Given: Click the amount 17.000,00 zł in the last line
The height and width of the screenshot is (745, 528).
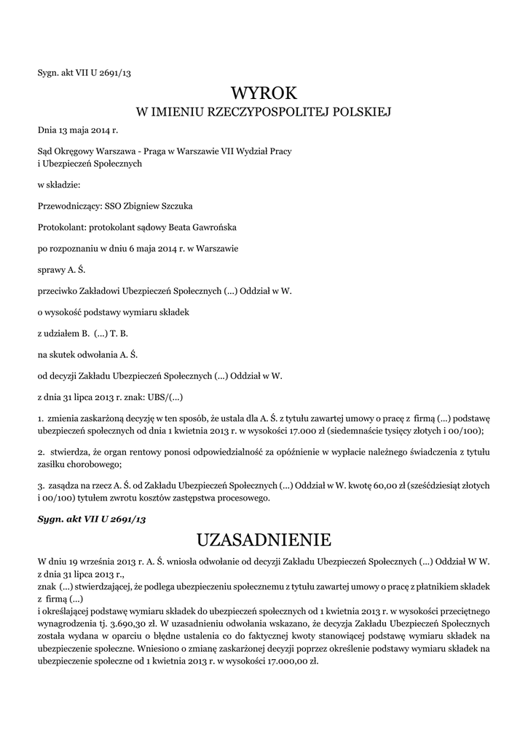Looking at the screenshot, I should click(290, 663).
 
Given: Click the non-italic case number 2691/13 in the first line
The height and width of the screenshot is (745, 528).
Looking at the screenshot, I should click(116, 72).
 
